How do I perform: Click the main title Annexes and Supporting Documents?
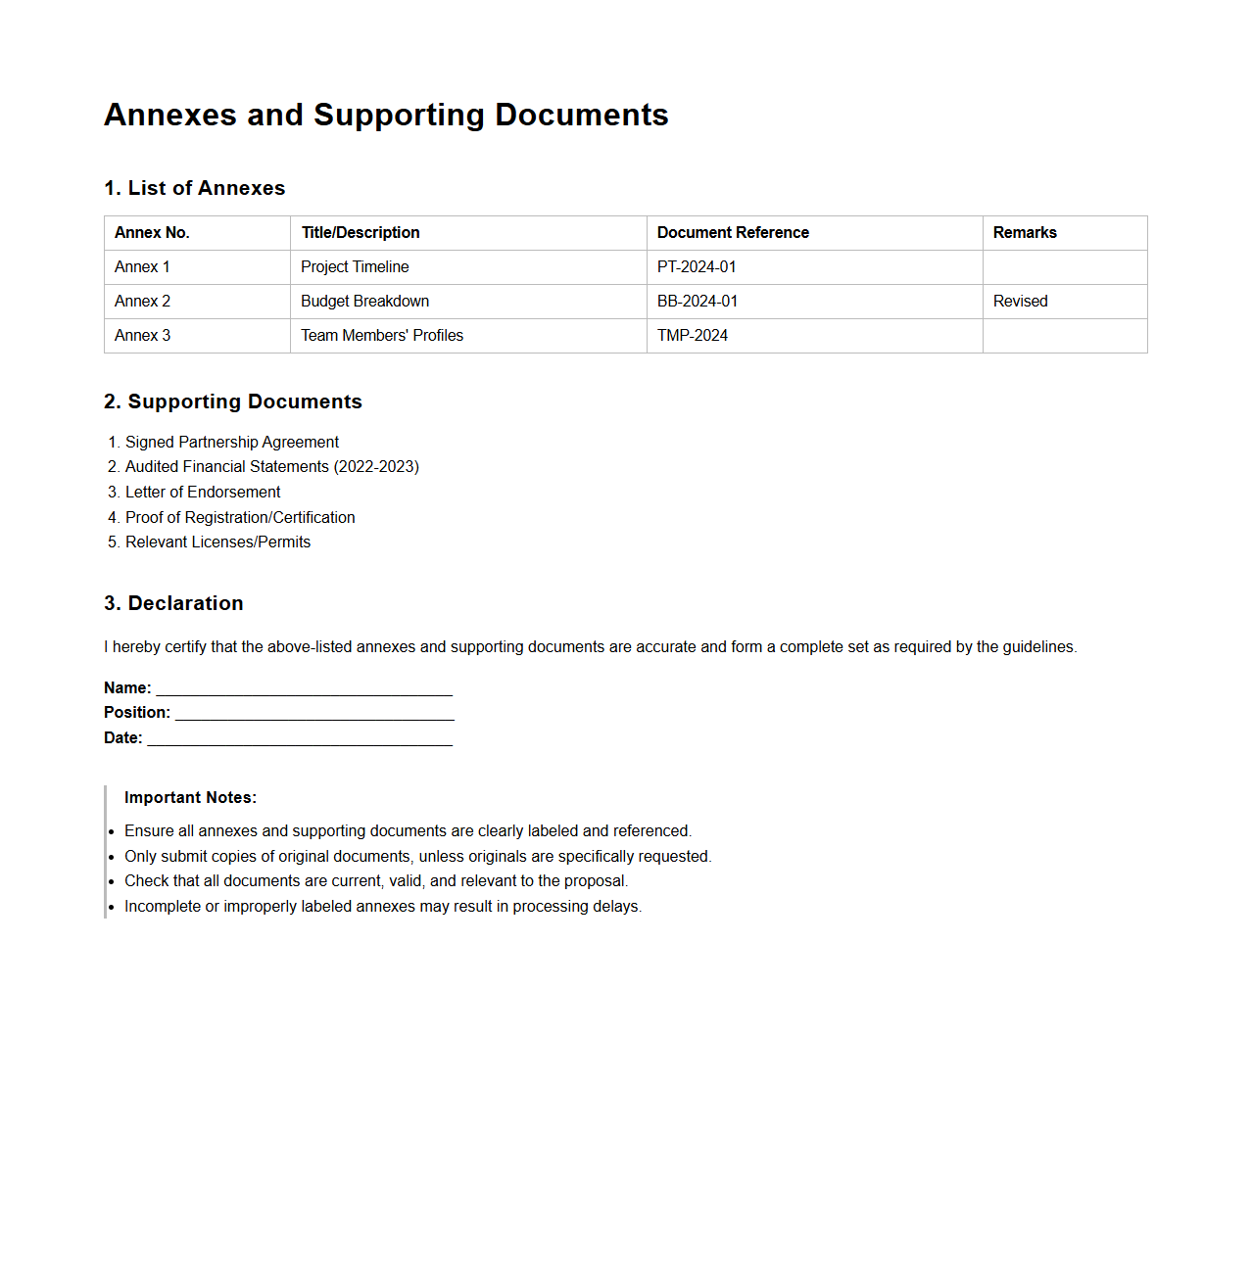pyautogui.click(x=386, y=115)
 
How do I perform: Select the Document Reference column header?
pyautogui.click(x=733, y=233)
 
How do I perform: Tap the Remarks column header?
pyautogui.click(x=1025, y=233)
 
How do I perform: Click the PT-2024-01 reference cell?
pyautogui.click(x=697, y=267)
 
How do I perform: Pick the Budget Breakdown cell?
pyautogui.click(x=364, y=302)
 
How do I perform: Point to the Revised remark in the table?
pyautogui.click(x=1020, y=302)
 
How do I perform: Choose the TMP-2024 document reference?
pyautogui.click(x=693, y=336)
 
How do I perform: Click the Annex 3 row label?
pyautogui.click(x=143, y=336)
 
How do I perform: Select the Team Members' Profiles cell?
pyautogui.click(x=382, y=336)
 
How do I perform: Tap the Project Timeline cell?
pyautogui.click(x=355, y=267)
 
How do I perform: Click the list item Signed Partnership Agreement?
pyautogui.click(x=232, y=443)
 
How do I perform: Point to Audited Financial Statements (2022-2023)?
pyautogui.click(x=271, y=467)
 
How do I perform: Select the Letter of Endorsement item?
pyautogui.click(x=203, y=493)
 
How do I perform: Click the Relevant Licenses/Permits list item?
pyautogui.click(x=217, y=542)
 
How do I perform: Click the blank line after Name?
pyautogui.click(x=304, y=689)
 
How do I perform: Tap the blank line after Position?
pyautogui.click(x=313, y=714)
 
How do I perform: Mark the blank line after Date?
pyautogui.click(x=300, y=739)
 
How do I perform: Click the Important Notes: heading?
pyautogui.click(x=190, y=798)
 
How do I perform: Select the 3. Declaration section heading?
pyautogui.click(x=173, y=603)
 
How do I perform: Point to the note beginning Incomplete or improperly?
pyautogui.click(x=382, y=907)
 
